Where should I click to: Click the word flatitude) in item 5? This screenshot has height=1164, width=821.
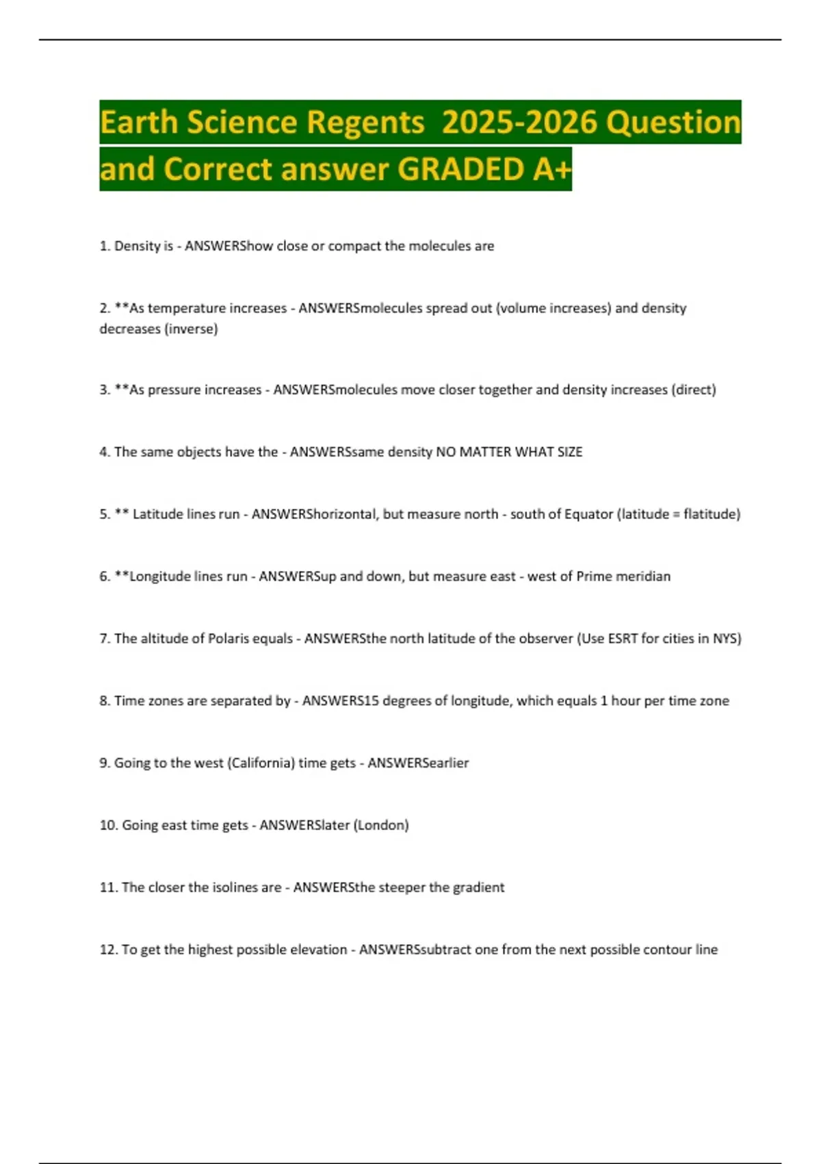(x=712, y=514)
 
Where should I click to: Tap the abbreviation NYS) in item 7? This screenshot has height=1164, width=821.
(x=727, y=639)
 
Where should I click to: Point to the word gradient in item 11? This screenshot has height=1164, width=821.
(x=478, y=887)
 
